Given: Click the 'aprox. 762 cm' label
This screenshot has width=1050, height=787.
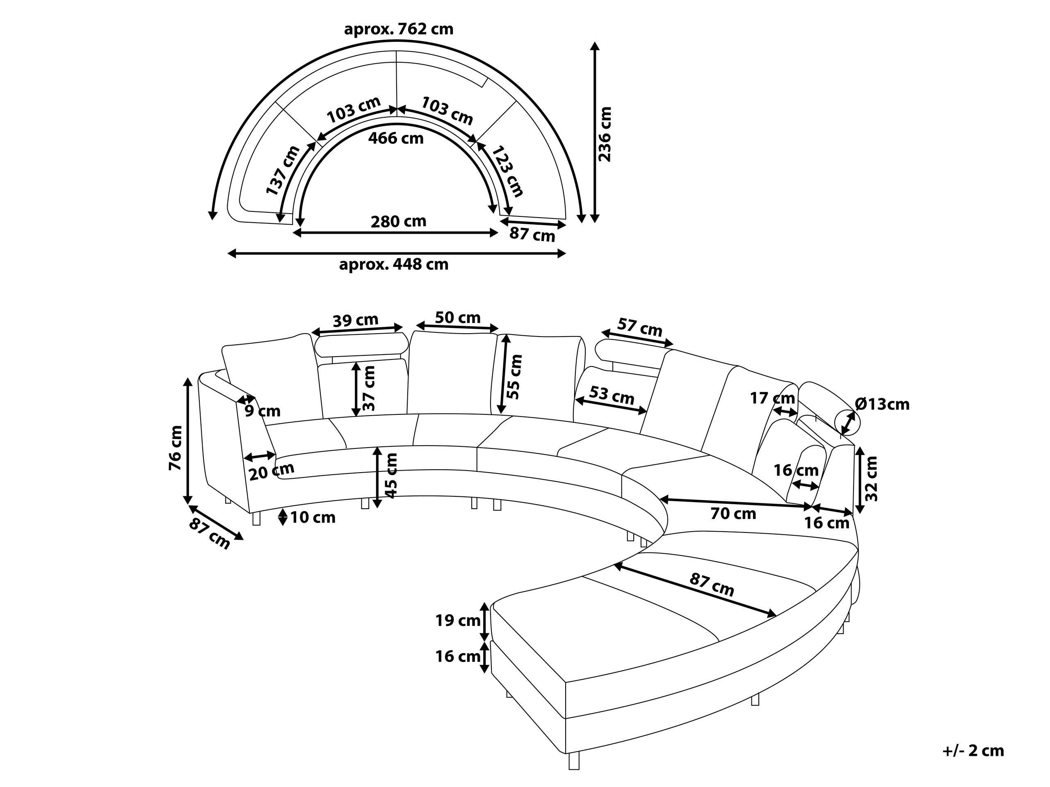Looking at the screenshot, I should click(398, 30).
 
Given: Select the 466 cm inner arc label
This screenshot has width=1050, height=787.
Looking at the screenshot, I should click(396, 139).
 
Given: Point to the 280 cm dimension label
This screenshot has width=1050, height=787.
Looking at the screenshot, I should click(398, 221).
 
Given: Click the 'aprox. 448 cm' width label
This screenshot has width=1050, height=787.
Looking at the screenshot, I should click(393, 264).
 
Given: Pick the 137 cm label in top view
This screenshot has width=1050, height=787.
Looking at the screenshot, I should click(283, 170).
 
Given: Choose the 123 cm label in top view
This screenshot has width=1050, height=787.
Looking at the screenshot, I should click(507, 171).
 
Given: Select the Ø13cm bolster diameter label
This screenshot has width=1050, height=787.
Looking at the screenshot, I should click(882, 404).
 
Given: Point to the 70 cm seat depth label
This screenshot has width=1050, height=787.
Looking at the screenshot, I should click(733, 513).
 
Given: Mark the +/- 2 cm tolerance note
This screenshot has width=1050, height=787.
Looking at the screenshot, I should click(973, 751).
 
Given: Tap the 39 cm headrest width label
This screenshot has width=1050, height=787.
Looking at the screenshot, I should click(355, 320).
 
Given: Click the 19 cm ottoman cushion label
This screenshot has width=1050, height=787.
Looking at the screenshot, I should click(458, 620).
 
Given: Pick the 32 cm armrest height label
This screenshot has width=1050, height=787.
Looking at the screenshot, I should click(872, 479).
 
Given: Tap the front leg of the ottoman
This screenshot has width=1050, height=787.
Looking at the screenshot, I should click(574, 761).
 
